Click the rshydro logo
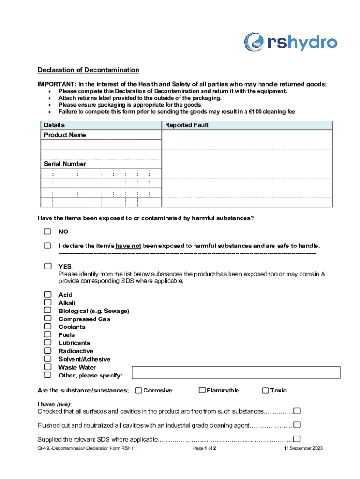point(290,43)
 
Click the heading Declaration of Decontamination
point(88,70)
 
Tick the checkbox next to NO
point(48,232)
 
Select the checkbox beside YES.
point(48,266)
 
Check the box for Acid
point(48,295)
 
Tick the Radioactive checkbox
point(48,351)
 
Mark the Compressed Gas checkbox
point(48,319)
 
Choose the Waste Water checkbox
point(48,367)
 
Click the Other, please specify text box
point(236,373)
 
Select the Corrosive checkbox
point(138,391)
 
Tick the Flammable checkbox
point(202,391)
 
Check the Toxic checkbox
point(266,391)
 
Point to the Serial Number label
point(65,164)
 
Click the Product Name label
point(65,135)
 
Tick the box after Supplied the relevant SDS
point(296,439)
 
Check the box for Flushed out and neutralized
point(296,425)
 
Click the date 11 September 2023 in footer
point(303,448)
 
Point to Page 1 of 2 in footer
point(204,448)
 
